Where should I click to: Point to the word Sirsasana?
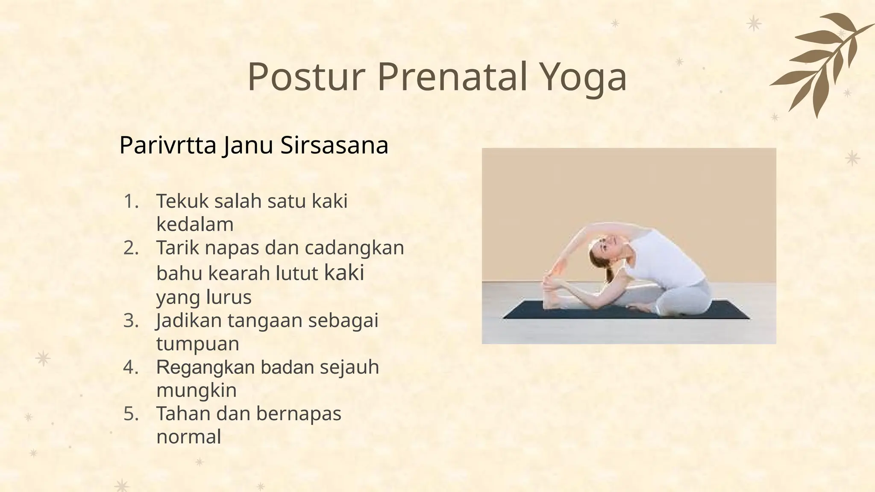pos(334,145)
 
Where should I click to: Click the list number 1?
pos(131,201)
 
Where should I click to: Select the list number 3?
pos(131,321)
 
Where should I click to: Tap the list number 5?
pos(131,414)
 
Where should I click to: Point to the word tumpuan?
pos(197,344)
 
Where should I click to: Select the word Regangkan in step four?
pos(205,367)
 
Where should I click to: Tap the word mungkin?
pos(196,390)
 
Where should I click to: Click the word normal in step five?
pos(188,437)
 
